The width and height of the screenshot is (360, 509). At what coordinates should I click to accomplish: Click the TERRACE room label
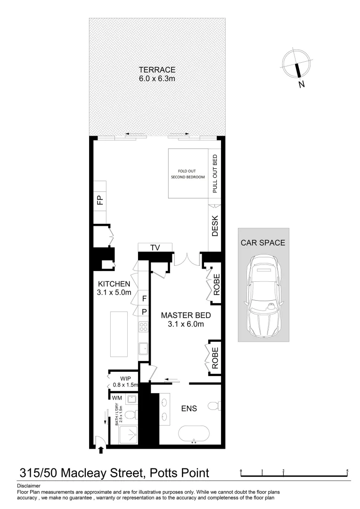[157, 69]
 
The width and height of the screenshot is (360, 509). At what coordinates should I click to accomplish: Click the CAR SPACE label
[263, 243]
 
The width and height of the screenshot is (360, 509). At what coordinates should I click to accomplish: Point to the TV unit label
[155, 247]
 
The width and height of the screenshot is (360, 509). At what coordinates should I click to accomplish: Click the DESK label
[215, 226]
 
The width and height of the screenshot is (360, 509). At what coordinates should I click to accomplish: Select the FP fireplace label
[99, 200]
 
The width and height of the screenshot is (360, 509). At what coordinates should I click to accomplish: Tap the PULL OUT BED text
[215, 173]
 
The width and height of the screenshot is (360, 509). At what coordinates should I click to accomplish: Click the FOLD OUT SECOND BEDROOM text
[188, 173]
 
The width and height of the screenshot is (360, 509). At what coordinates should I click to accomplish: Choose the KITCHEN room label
[114, 284]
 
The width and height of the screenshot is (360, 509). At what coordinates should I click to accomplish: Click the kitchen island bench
[119, 334]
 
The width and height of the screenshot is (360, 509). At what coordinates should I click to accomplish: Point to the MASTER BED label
[185, 315]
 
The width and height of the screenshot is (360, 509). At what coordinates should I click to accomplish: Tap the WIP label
[125, 378]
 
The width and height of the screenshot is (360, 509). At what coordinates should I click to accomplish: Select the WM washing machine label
[116, 398]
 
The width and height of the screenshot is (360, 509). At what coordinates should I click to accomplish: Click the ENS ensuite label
[189, 408]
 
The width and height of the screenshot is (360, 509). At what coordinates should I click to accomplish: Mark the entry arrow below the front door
[101, 451]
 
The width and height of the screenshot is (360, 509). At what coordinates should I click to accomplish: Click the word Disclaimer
[28, 485]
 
